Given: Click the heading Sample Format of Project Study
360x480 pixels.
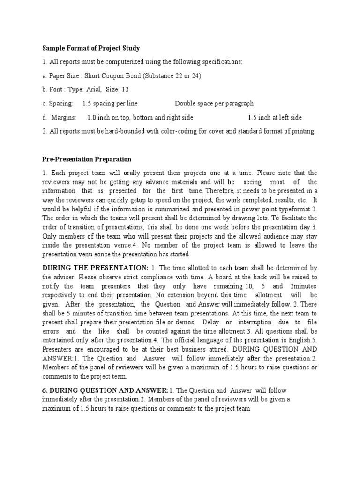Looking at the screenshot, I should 91,48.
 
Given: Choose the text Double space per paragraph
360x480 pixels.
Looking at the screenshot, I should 214,104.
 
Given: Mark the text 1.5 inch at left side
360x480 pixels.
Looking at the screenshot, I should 275,117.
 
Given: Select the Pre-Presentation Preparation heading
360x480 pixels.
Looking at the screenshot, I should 87,159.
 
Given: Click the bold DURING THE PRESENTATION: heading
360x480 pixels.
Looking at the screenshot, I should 95,268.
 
